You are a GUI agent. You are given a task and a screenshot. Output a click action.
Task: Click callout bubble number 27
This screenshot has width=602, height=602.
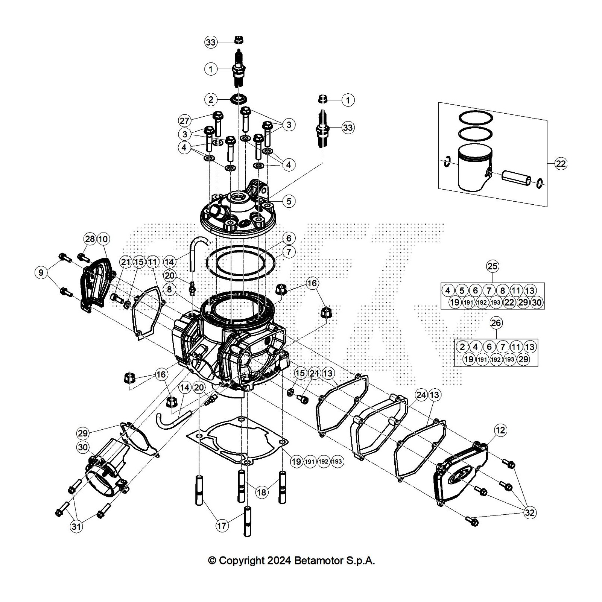coord(185,121)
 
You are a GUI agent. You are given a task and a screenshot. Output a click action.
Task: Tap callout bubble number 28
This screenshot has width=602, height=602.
coord(90,239)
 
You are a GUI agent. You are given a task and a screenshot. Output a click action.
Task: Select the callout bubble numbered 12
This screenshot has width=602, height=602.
coord(500,430)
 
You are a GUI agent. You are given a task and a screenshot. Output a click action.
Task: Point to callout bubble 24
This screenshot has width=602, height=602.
coord(421,395)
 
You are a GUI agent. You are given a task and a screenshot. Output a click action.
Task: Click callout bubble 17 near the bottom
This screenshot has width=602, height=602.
coord(222,525)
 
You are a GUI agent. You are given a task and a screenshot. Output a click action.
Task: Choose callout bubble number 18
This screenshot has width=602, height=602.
coord(262,492)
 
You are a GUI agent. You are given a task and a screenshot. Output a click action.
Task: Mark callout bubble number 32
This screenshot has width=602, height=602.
coord(530,512)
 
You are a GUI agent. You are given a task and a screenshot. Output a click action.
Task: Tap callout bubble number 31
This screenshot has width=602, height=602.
coord(76,527)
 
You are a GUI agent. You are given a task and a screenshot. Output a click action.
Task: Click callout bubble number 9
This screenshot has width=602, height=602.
coord(41,272)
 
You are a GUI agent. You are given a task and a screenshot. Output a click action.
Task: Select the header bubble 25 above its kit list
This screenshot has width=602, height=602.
coord(492,266)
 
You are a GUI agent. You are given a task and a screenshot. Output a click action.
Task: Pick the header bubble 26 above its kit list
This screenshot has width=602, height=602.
coord(496,322)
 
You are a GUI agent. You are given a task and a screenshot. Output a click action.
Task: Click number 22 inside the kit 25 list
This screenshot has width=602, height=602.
coord(509,302)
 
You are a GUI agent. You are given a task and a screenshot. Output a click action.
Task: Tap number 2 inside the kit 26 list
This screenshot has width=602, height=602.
coord(462,347)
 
